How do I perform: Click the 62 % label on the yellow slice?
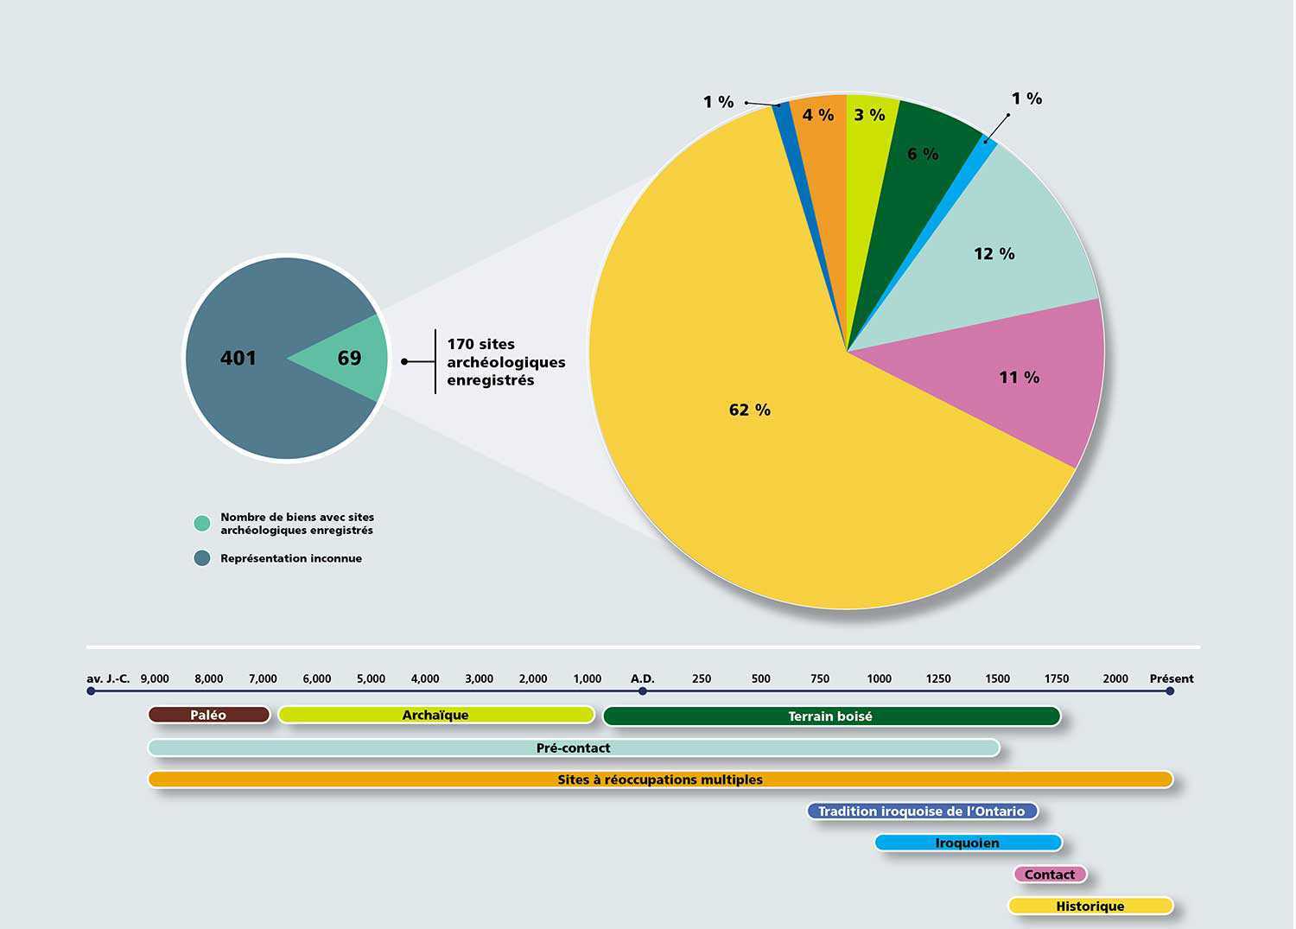click(x=749, y=410)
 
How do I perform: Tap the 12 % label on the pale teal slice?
click(x=994, y=253)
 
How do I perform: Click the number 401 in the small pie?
click(x=238, y=358)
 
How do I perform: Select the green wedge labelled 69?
click(x=349, y=358)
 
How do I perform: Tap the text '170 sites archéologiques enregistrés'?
click(x=505, y=362)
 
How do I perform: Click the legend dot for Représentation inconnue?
click(x=202, y=558)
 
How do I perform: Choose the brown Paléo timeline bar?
click(x=208, y=715)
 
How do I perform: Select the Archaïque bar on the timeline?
click(x=435, y=715)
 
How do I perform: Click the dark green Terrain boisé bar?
click(x=830, y=716)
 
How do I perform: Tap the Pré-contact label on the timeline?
click(x=573, y=748)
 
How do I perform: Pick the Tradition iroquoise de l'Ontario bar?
click(x=921, y=811)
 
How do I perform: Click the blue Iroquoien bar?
click(x=967, y=843)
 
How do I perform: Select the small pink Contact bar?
click(x=1049, y=875)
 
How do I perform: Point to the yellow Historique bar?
click(x=1090, y=906)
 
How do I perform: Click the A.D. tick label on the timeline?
click(x=642, y=678)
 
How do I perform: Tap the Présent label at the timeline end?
click(x=1171, y=678)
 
